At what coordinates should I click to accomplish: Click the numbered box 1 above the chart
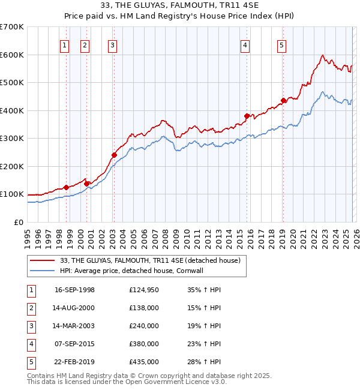tap(64, 44)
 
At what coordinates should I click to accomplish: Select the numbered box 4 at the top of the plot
tap(246, 44)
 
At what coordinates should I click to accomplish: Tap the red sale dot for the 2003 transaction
tap(114, 155)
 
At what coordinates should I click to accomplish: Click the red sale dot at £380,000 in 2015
tap(247, 116)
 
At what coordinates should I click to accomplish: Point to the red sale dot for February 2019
tap(284, 101)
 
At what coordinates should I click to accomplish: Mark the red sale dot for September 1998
tap(66, 187)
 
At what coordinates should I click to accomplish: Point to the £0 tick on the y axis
tap(19, 222)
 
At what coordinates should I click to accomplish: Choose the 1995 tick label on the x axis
tap(28, 237)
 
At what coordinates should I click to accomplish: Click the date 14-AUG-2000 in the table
tap(74, 308)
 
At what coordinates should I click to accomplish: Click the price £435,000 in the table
tap(144, 362)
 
